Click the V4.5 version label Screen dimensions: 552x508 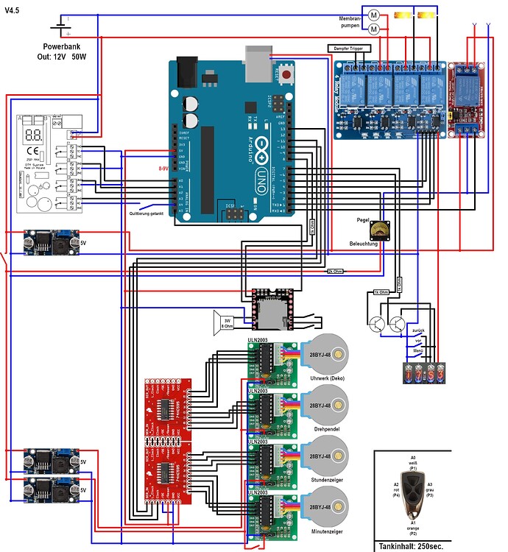pyautogui.click(x=13, y=10)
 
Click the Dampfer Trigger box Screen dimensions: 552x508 pyautogui.click(x=349, y=49)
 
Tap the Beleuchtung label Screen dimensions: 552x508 pyautogui.click(x=364, y=244)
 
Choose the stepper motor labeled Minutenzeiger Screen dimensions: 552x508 pyautogui.click(x=323, y=507)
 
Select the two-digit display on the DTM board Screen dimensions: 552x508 pyautogui.click(x=32, y=136)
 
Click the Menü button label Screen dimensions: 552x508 pyautogui.click(x=418, y=352)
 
